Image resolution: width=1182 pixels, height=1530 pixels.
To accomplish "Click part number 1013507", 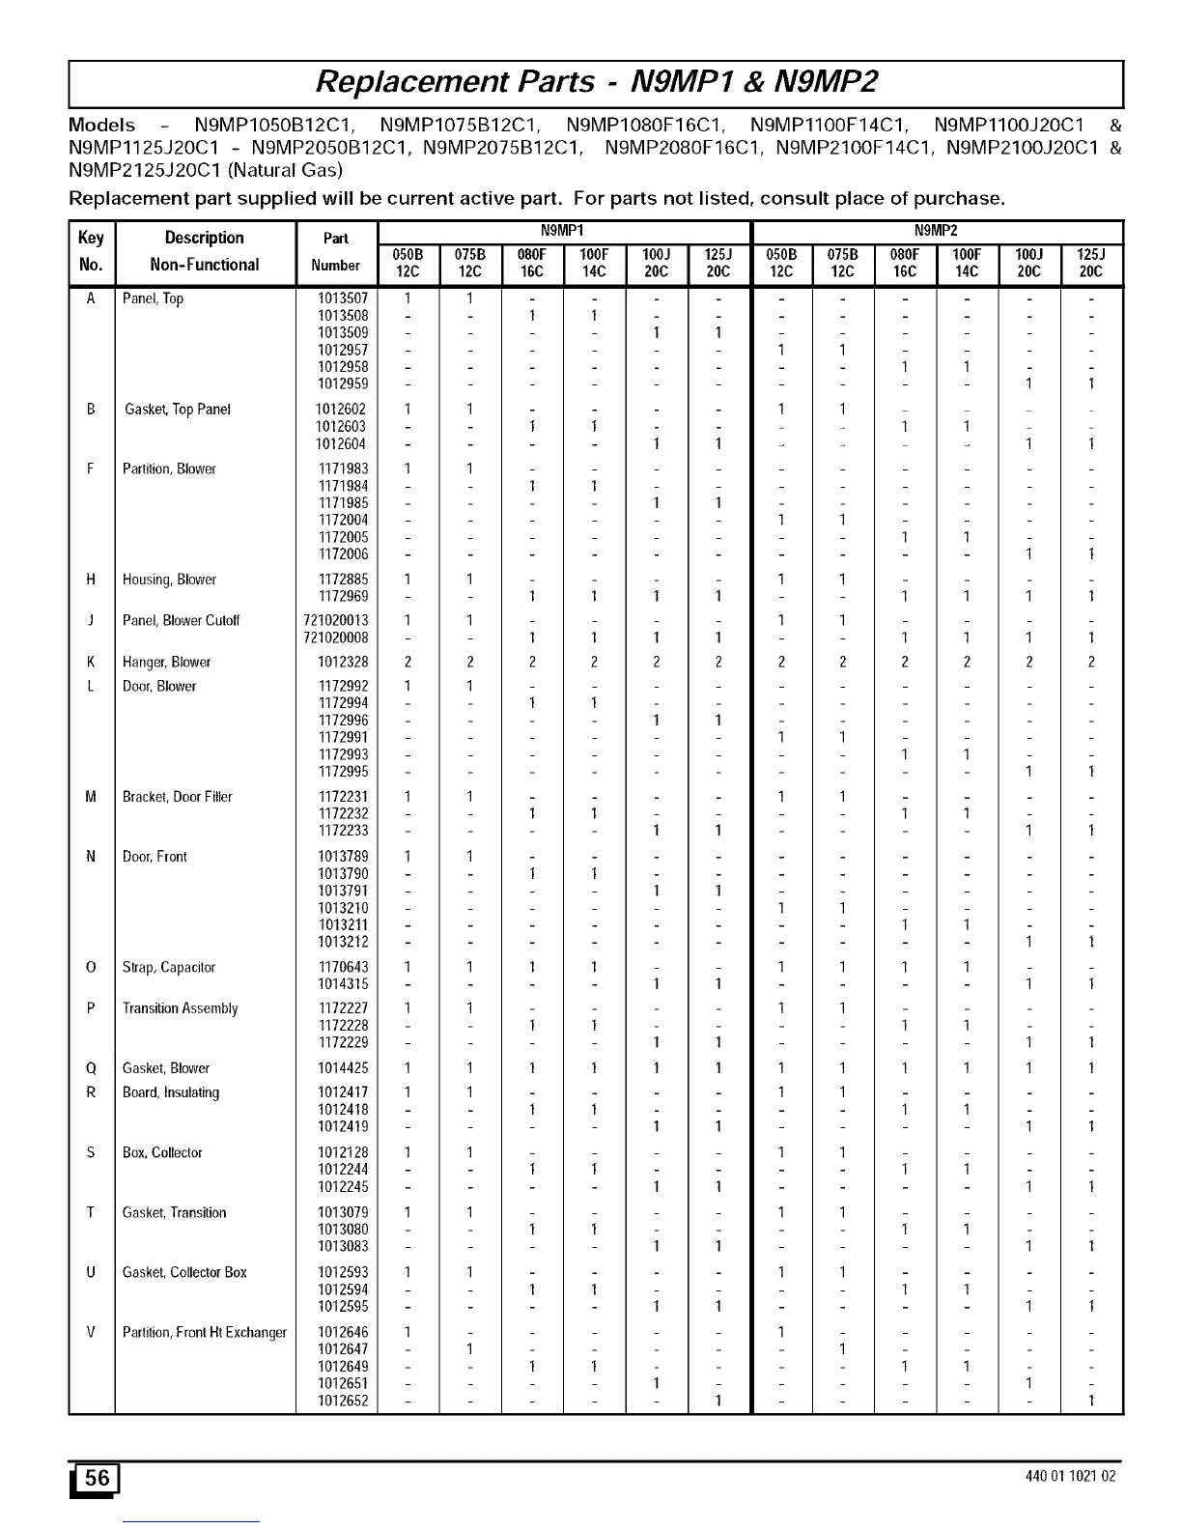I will click(x=343, y=298).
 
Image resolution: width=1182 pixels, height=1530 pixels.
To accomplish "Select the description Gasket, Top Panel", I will click(x=178, y=410).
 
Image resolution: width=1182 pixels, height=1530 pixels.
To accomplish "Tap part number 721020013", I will click(x=335, y=620).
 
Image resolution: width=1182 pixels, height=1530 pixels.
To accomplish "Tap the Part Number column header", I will click(x=335, y=252).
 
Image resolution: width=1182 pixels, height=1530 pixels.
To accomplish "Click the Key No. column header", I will click(x=91, y=252).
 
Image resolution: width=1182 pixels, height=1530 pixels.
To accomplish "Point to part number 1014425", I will click(x=343, y=1068).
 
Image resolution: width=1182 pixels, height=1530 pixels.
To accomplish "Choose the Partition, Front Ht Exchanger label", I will click(x=205, y=1333).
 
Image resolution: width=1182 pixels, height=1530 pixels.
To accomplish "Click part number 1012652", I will click(x=343, y=1402).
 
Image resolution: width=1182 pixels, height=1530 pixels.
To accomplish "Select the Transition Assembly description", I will click(x=180, y=1008).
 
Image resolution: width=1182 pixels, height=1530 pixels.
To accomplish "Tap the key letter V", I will click(x=91, y=1333).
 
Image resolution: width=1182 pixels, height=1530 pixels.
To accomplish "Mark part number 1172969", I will click(x=343, y=597).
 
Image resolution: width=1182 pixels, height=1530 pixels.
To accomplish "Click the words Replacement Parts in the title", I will click(x=455, y=82).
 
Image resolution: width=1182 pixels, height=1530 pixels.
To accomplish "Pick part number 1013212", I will click(x=343, y=943).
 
